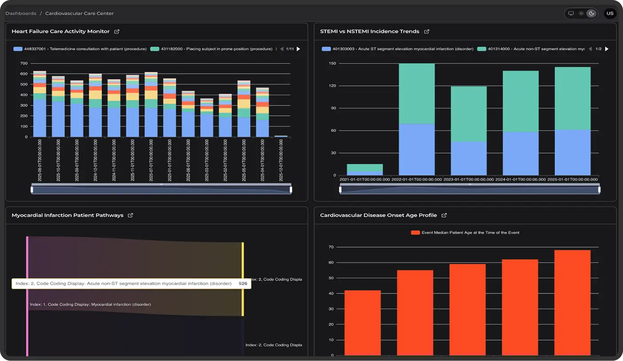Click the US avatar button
[610, 13]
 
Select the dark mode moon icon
[591, 13]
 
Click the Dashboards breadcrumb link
[21, 13]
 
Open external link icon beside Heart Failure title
[117, 32]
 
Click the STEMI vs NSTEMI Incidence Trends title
[369, 32]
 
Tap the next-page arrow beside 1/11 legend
[298, 49]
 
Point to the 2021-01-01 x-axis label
[365, 179]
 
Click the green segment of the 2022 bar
[417, 93]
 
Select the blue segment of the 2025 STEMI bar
[572, 152]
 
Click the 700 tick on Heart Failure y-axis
[24, 63]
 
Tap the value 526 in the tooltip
[243, 283]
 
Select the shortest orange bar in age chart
[363, 322]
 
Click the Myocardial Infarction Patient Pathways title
[67, 215]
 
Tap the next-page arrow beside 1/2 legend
[607, 49]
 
